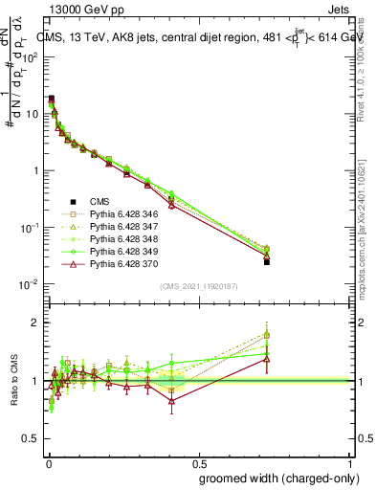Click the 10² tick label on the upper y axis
31,56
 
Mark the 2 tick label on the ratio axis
34,323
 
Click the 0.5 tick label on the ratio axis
31,441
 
